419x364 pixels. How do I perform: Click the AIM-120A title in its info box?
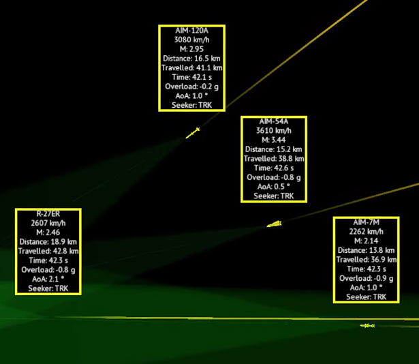point(192,31)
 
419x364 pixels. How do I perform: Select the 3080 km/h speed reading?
point(192,40)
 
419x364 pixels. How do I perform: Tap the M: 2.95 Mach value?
point(192,50)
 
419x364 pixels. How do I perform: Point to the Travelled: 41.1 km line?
point(192,67)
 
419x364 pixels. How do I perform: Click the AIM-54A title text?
point(274,121)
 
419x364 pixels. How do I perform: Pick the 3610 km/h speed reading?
point(274,130)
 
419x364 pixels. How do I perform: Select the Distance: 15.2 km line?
point(274,149)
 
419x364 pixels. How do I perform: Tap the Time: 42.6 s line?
point(274,168)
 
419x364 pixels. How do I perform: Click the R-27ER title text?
point(48,214)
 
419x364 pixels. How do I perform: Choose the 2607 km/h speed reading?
point(48,223)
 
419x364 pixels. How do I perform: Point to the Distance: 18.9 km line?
point(48,242)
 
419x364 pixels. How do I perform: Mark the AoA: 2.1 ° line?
point(48,279)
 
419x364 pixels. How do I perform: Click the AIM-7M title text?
point(367,223)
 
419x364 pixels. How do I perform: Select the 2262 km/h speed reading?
point(367,232)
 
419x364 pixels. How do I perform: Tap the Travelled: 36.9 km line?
point(367,260)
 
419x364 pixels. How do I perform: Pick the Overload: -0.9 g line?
point(367,278)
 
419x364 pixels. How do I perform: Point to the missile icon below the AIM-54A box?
point(275,224)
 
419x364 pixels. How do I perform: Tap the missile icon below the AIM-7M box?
point(368,326)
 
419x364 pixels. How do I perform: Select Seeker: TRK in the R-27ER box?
point(48,288)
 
